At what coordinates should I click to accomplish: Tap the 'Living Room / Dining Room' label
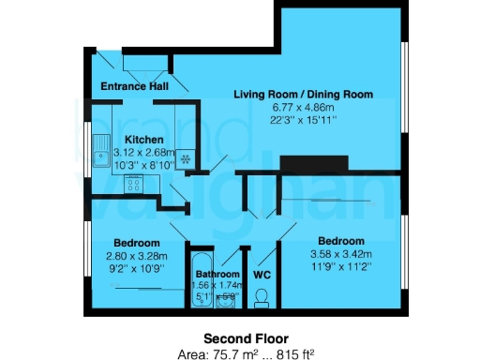303,95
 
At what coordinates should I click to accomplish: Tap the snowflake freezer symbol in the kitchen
186,158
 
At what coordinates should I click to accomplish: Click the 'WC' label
262,276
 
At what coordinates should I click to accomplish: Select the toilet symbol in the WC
262,296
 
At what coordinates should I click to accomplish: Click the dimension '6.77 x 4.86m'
303,107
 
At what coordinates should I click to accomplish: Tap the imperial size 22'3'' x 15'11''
303,119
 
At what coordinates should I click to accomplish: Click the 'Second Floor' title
247,338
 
